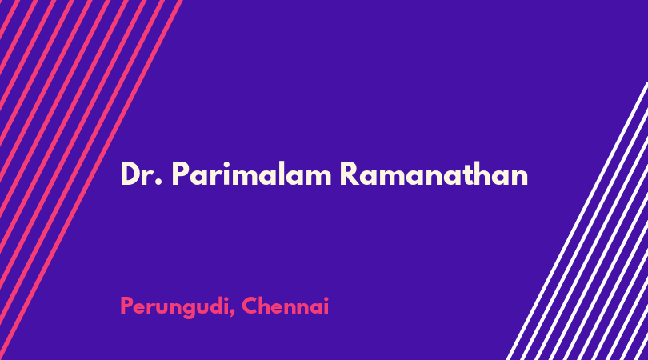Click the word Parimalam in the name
tap(252, 174)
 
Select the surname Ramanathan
tap(434, 174)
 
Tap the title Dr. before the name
tap(141, 174)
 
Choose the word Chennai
tap(285, 306)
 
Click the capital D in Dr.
tap(131, 174)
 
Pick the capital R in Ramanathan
tap(350, 174)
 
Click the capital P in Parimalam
tap(180, 174)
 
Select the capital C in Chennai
tap(250, 306)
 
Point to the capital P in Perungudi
tap(127, 306)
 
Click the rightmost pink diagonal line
tap(92, 180)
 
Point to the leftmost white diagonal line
tap(577, 221)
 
